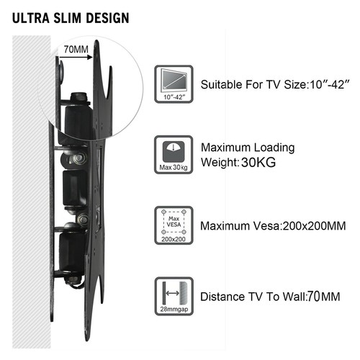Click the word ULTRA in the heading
31,18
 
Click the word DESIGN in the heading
108,18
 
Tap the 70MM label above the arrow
76,50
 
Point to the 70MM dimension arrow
76,57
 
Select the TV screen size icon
174,84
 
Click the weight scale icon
174,155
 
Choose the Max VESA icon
174,225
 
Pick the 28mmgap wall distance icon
174,296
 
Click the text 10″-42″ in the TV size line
328,84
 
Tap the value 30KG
258,163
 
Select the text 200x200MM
314,226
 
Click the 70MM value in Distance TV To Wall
323,297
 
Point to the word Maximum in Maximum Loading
225,148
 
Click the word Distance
222,297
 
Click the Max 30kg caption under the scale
174,167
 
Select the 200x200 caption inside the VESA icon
174,239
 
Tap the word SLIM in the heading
68,18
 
